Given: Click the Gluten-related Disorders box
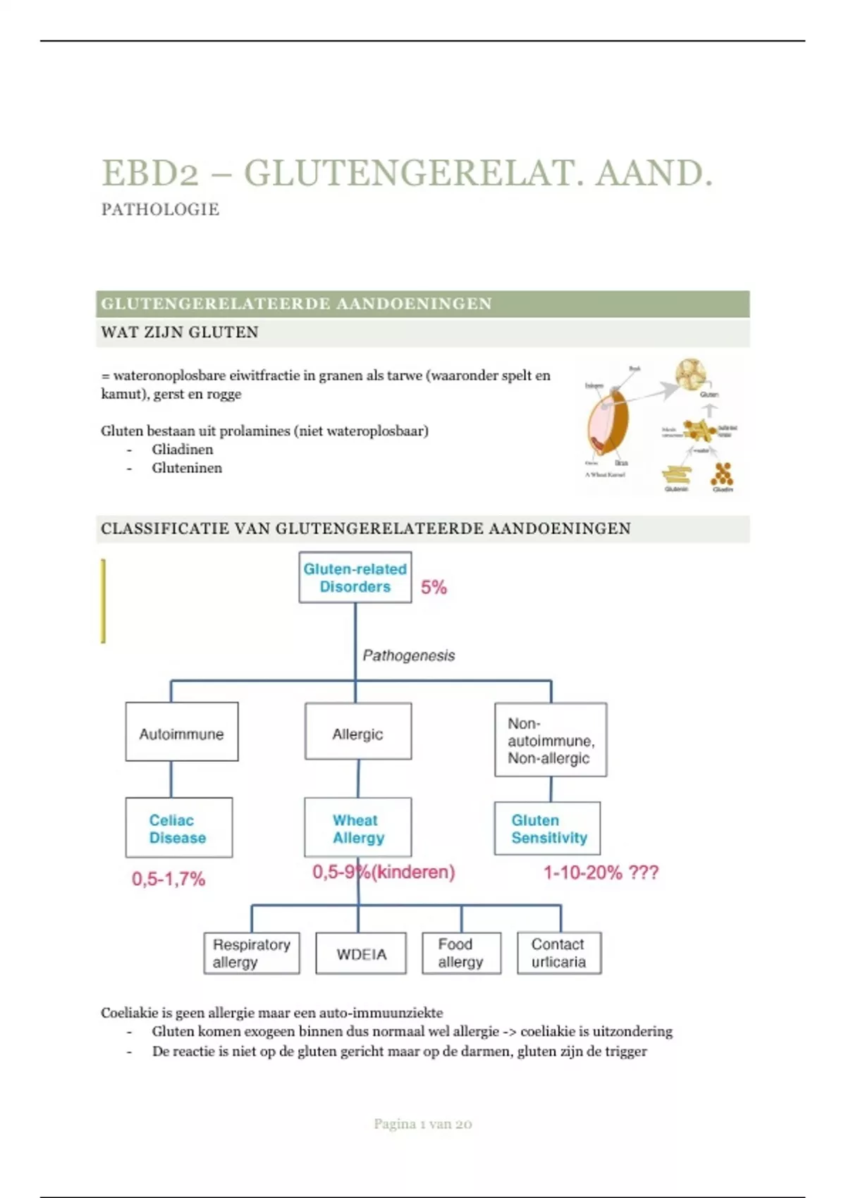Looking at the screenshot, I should pos(355,577).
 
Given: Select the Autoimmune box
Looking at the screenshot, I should pos(181,731).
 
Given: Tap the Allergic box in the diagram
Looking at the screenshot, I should pos(357,731).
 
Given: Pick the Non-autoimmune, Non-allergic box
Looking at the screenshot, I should pos(550,739).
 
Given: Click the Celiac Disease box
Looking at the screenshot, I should pos(178,827).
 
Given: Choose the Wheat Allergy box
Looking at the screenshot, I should pos(357,827).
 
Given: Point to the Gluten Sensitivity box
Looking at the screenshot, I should pos(547,828).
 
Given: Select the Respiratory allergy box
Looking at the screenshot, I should pos(251,953).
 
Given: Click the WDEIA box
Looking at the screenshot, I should pos(361,953).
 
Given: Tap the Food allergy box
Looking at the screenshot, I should pos(461,953).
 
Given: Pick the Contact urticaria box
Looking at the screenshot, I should pos(558,953).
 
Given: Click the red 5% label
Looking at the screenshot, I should pos(434,587).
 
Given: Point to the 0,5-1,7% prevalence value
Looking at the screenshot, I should pos(168,879).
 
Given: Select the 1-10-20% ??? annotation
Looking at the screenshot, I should pos(601,872).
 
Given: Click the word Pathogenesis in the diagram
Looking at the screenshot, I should pos(408,655).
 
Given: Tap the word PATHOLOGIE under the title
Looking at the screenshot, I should pos(160,209).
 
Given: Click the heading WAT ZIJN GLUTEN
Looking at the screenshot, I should pos(180,332).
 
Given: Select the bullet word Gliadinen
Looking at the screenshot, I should pos(182,449).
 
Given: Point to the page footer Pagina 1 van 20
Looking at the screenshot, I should pos(422,1123).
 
